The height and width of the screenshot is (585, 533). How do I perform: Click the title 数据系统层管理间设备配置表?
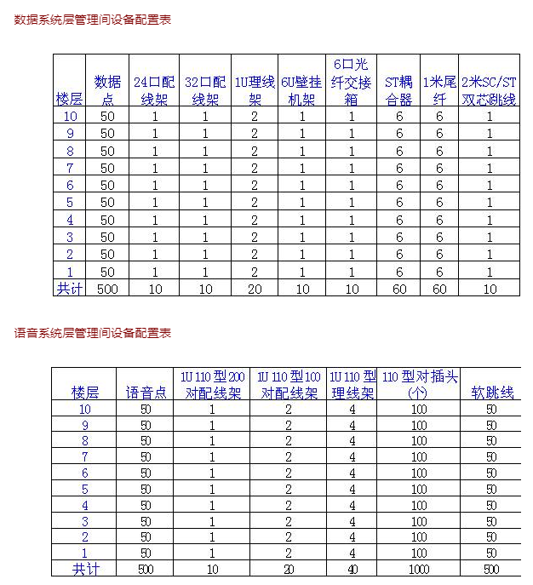93,20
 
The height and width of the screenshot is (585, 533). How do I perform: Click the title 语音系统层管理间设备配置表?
93,333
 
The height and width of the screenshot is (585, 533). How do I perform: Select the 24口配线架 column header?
154,90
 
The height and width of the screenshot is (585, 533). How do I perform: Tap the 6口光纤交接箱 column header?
352,82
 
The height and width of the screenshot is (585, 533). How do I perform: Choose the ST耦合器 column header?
398,90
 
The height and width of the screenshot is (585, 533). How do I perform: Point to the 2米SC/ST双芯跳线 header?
489,90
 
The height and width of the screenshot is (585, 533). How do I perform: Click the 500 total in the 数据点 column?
107,289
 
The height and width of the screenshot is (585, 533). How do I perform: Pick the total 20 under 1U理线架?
254,289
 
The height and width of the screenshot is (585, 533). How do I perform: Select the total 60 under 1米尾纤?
439,289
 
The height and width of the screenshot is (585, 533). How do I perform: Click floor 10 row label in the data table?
70,117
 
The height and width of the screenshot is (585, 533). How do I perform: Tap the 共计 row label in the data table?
70,289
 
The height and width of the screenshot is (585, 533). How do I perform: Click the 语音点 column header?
145,393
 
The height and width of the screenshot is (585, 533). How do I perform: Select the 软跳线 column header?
492,393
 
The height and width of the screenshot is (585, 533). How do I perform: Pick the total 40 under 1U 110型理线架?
352,569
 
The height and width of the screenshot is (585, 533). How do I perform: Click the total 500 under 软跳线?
492,569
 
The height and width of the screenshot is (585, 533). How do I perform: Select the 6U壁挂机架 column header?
301,90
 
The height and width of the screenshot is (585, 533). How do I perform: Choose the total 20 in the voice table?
289,569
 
